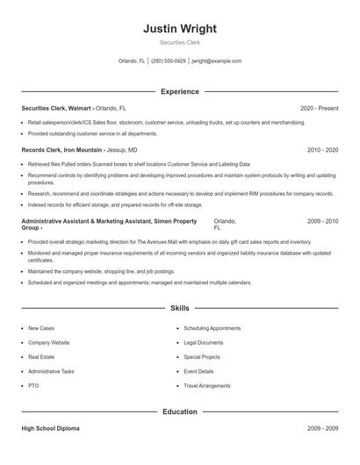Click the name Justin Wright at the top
(x=179, y=28)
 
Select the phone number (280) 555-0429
(x=169, y=61)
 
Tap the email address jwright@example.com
(x=216, y=61)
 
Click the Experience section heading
(x=179, y=91)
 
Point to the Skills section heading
(x=179, y=309)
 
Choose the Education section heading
(x=179, y=411)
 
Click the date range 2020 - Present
(x=319, y=108)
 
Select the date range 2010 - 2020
(x=322, y=150)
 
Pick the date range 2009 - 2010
(x=322, y=221)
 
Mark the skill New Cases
(x=41, y=327)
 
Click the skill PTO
(x=33, y=385)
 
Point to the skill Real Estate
(x=41, y=356)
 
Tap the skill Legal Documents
(x=204, y=342)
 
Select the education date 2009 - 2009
(x=322, y=428)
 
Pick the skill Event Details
(x=198, y=371)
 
